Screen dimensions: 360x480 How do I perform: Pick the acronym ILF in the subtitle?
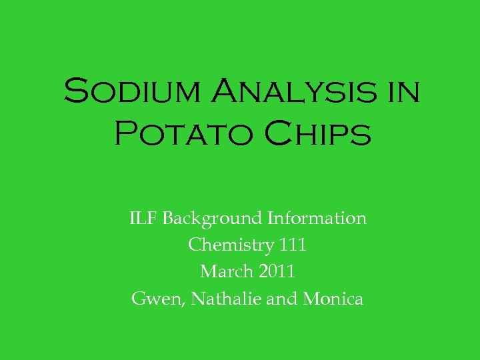pyautogui.click(x=143, y=218)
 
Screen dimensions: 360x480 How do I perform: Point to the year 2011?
pyautogui.click(x=276, y=272)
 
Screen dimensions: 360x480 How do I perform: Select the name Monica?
pyautogui.click(x=333, y=299)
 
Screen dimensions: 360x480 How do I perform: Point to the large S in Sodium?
pyautogui.click(x=75, y=91)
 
